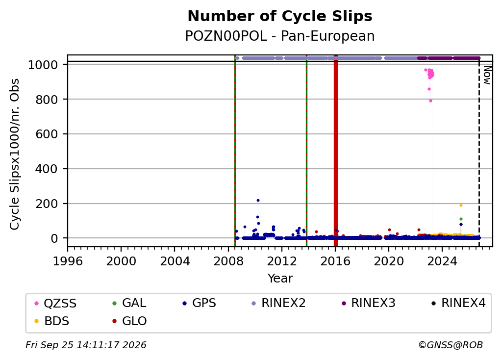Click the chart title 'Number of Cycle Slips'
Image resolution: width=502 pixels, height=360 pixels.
pyautogui.click(x=280, y=16)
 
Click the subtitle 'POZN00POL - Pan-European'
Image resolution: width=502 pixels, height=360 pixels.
pyautogui.click(x=280, y=36)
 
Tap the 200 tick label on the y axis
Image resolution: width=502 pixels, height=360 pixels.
pyautogui.click(x=47, y=204)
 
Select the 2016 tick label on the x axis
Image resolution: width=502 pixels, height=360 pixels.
pyautogui.click(x=335, y=261)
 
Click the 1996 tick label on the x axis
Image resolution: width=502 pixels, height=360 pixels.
pyautogui.click(x=68, y=261)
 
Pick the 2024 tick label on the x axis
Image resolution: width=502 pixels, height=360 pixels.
pyautogui.click(x=442, y=261)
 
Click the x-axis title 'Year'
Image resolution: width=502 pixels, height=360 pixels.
pyautogui.click(x=280, y=278)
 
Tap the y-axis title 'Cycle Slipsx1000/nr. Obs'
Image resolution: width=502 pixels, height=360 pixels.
pyautogui.click(x=14, y=154)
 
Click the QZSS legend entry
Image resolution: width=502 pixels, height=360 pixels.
pyautogui.click(x=55, y=303)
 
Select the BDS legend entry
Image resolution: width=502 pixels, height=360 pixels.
pyautogui.click(x=51, y=321)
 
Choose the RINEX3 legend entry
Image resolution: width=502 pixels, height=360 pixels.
pyautogui.click(x=369, y=303)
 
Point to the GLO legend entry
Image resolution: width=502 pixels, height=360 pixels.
pyautogui.click(x=129, y=321)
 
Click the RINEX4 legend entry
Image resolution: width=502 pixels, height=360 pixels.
pyautogui.click(x=458, y=303)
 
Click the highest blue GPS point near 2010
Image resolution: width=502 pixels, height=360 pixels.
pyautogui.click(x=258, y=201)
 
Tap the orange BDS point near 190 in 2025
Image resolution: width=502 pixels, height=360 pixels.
pyautogui.click(x=461, y=206)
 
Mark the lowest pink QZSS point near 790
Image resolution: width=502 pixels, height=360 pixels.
pyautogui.click(x=431, y=101)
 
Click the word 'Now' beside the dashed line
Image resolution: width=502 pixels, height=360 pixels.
pyautogui.click(x=487, y=75)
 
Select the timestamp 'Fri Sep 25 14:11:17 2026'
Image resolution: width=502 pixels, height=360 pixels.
pyautogui.click(x=86, y=345)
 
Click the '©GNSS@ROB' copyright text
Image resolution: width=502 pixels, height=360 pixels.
pyautogui.click(x=451, y=345)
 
